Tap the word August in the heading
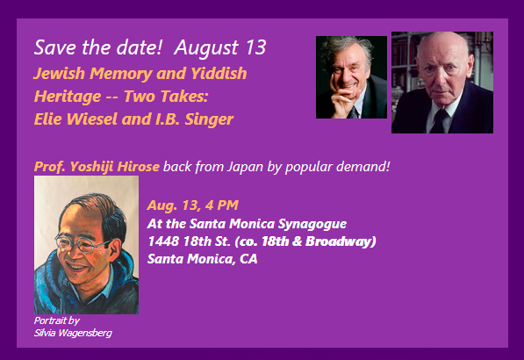pos(206,47)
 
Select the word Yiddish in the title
pos(219,73)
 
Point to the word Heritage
pos(68,97)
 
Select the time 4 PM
pos(221,205)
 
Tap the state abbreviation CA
pos(248,259)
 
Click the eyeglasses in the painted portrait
pos(80,243)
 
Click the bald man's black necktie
pos(440,121)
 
